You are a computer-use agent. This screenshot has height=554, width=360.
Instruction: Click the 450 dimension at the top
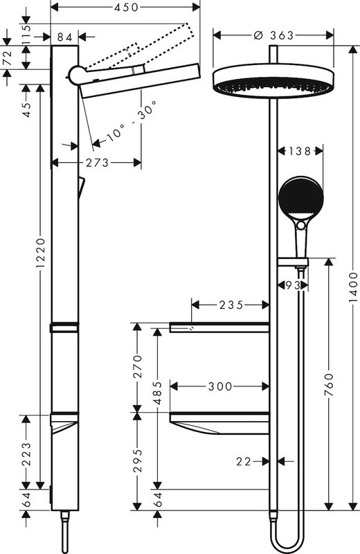pyautogui.click(x=126, y=7)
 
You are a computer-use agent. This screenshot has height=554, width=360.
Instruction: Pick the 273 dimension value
pyautogui.click(x=98, y=163)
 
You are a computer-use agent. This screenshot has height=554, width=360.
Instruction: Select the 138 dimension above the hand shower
pyautogui.click(x=300, y=150)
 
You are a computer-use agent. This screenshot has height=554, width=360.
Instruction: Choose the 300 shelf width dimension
pyautogui.click(x=219, y=386)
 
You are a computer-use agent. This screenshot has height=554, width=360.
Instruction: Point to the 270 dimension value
pyautogui.click(x=137, y=367)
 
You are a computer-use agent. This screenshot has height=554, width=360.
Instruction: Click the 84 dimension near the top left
pyautogui.click(x=66, y=36)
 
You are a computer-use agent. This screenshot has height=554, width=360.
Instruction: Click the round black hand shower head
pyautogui.click(x=300, y=197)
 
